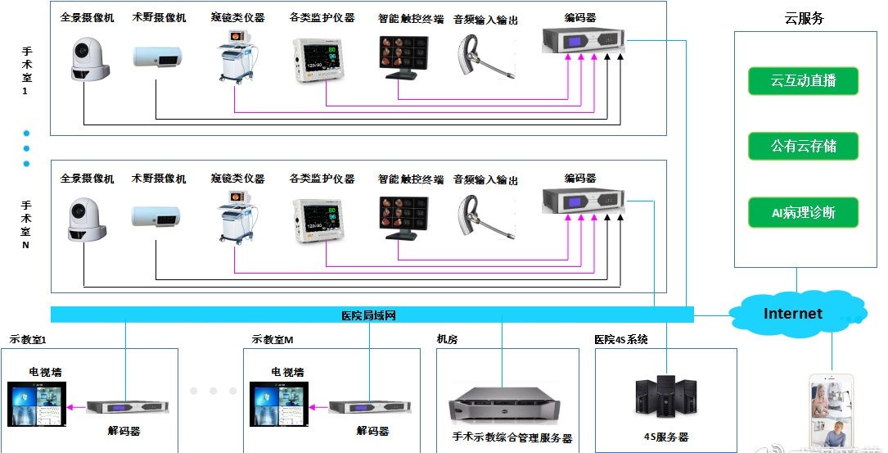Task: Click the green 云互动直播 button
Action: coord(791,81)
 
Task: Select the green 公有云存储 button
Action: coord(791,147)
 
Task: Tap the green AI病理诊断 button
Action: coord(791,212)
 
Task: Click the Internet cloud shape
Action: coord(792,314)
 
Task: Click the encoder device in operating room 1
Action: coord(584,40)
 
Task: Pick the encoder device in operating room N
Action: coord(584,200)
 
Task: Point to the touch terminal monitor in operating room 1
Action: coord(401,57)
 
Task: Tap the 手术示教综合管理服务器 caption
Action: coord(512,438)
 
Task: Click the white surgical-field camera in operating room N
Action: coord(157,216)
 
